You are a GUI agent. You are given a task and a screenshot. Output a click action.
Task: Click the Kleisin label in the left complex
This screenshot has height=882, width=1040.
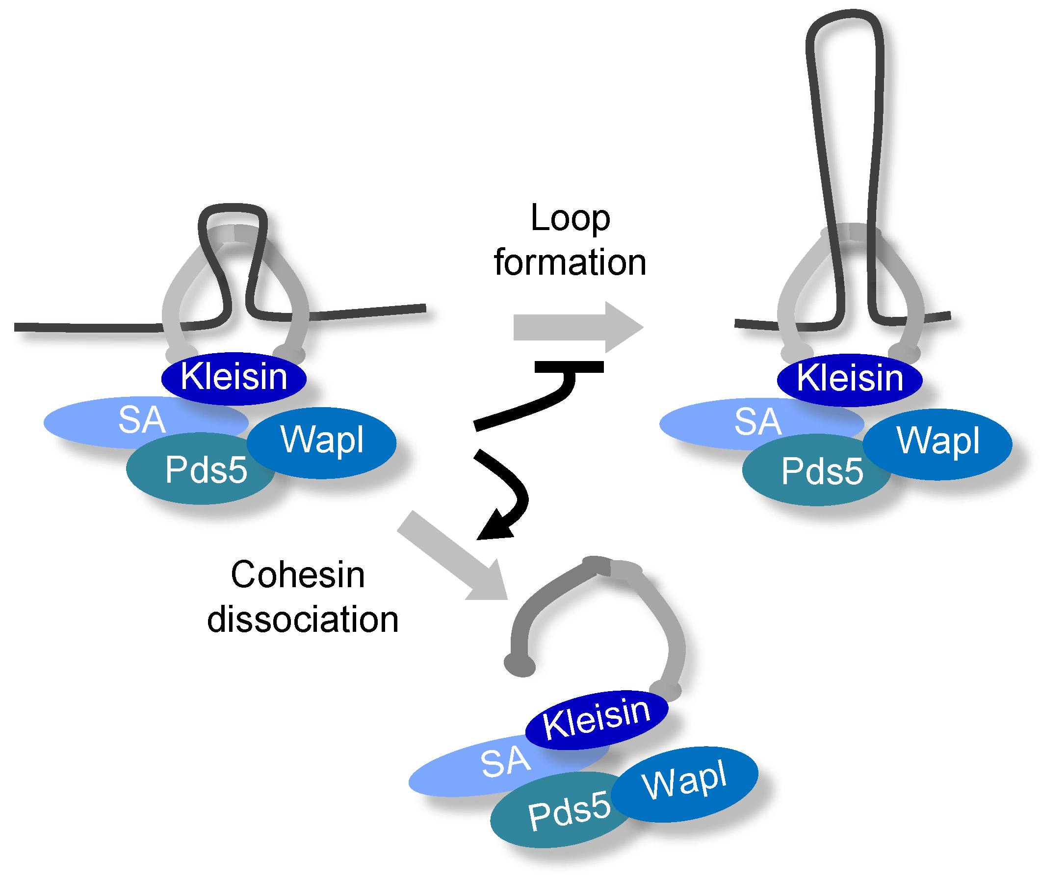[234, 377]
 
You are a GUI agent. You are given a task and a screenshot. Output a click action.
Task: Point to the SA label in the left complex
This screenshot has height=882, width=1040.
[141, 420]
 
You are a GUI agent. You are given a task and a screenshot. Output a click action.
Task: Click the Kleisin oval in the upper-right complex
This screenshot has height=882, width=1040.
[849, 379]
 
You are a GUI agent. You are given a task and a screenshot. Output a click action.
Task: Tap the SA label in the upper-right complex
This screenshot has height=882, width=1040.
[757, 421]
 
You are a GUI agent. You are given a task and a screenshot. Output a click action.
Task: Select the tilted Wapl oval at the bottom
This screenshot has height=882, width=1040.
[684, 780]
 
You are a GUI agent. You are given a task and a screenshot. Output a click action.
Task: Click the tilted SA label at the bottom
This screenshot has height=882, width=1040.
[505, 762]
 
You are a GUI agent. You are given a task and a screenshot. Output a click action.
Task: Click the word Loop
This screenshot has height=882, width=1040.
[570, 218]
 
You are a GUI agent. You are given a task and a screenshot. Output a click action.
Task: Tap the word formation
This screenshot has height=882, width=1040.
[570, 262]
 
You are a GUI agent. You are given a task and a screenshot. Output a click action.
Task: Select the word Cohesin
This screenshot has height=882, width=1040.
[297, 575]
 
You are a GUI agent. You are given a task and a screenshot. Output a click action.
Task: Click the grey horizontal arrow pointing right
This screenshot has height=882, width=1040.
[575, 328]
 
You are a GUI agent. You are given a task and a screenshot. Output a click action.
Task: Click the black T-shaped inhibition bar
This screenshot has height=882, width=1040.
[569, 367]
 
